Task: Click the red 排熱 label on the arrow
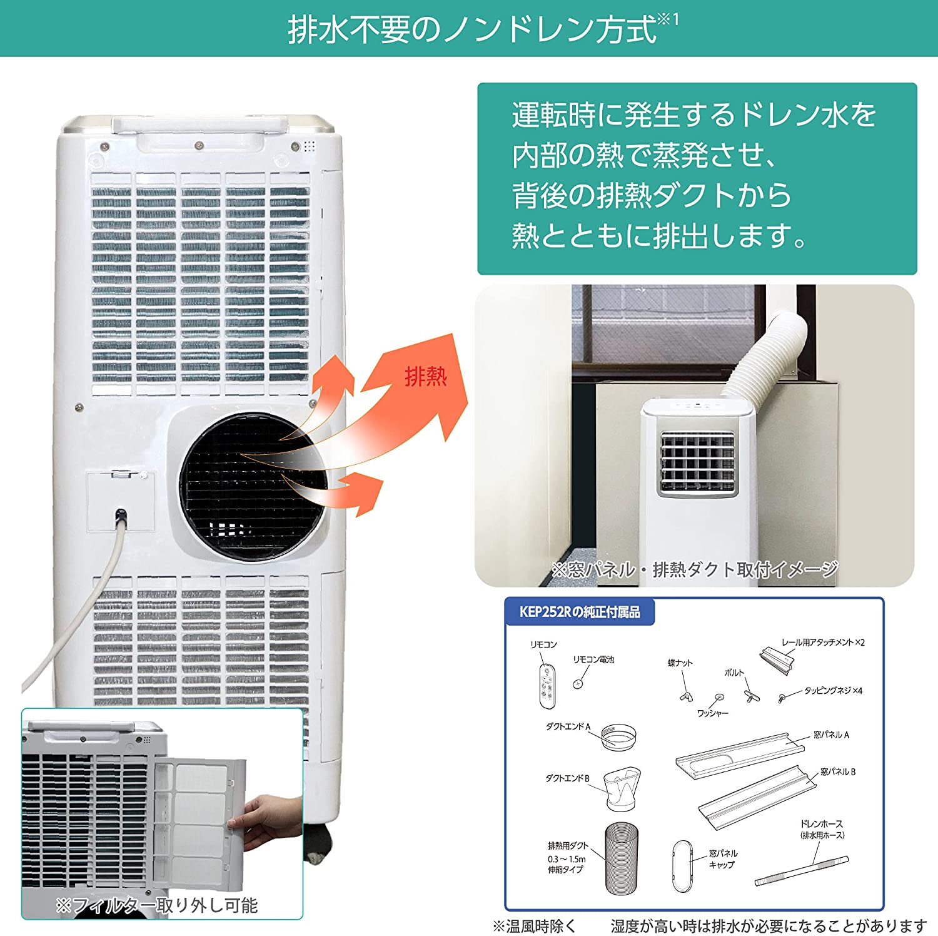pos(426,377)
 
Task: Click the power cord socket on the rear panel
pos(121,517)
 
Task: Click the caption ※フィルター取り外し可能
pos(156,905)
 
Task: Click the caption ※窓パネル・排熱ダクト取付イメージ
pos(694,569)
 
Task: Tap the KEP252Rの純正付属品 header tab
pos(580,611)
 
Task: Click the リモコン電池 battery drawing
pos(579,684)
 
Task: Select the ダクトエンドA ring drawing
pos(619,737)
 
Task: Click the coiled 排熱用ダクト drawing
pos(623,858)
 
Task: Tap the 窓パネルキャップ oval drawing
pos(682,866)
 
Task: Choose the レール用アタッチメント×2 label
pos(823,643)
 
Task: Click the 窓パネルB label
pos(837,772)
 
